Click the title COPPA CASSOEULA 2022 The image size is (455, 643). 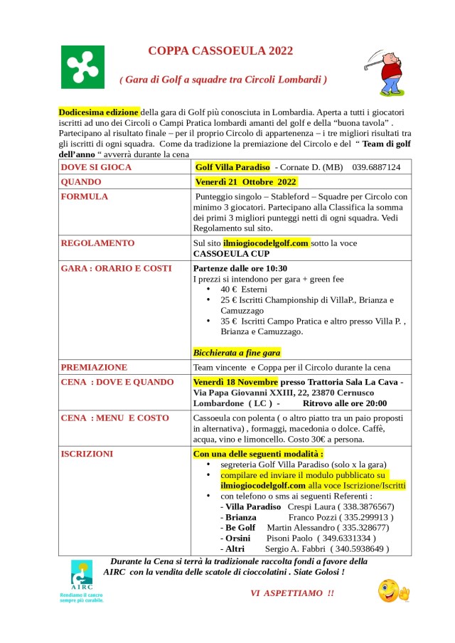tap(220, 51)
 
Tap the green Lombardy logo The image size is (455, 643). tap(82, 66)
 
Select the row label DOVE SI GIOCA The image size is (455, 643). tap(96, 166)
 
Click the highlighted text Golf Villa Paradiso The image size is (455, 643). tap(232, 166)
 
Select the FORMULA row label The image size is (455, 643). tap(85, 196)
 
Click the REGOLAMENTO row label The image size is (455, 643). tap(97, 243)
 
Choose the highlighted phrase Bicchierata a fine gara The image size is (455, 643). tap(237, 352)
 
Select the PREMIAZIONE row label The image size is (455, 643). tap(95, 367)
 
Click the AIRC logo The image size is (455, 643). tap(81, 578)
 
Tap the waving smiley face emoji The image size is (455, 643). tap(393, 590)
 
